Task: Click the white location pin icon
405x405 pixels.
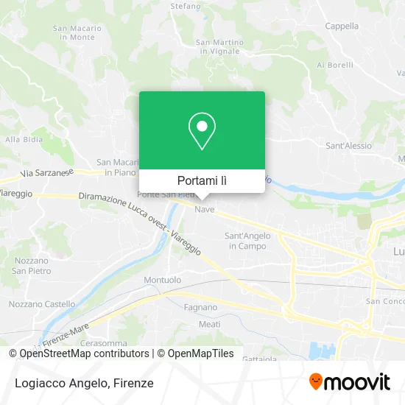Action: coord(202,131)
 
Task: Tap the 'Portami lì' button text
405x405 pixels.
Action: coord(202,180)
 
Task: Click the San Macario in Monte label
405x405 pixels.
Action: coord(73,32)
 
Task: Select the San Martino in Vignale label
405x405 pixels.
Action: coord(219,47)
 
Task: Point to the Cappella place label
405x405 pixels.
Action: coord(341,26)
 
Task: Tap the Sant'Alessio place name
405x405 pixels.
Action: coord(348,146)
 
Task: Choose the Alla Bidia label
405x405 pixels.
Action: coord(23,138)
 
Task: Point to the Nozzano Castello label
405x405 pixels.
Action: coord(42,303)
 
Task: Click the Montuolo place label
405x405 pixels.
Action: coord(162,280)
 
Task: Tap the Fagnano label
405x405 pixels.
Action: coord(201,307)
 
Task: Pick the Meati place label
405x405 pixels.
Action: coord(209,324)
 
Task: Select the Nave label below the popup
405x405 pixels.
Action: coord(204,210)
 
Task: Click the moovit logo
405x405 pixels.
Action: coord(349,382)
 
